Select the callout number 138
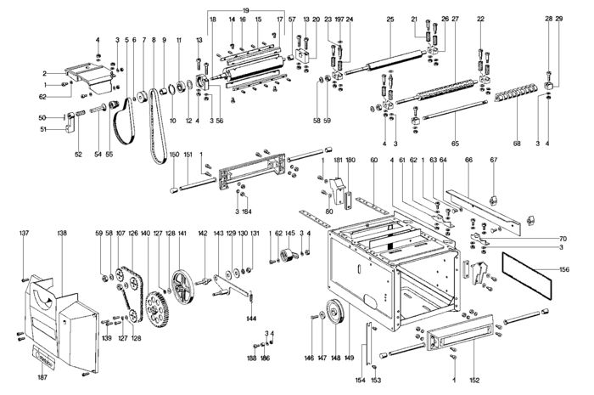61,232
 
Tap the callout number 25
389,18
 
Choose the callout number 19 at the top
245,8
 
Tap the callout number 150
174,155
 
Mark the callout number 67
492,159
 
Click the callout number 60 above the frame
373,159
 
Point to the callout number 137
24,232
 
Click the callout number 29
559,18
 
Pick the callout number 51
42,129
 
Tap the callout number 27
456,18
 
